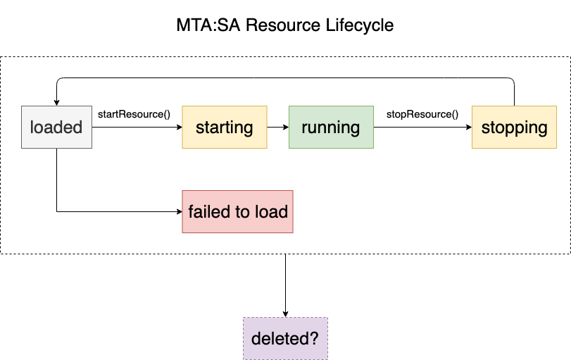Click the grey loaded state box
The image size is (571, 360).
56,127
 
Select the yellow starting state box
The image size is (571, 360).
225,127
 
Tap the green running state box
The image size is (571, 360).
331,127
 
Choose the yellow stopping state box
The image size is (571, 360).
514,127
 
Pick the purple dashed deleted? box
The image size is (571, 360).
285,338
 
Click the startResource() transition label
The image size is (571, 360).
134,113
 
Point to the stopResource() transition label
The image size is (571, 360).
422,113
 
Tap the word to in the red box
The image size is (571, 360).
244,211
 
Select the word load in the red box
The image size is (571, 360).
272,211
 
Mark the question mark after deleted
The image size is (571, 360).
314,338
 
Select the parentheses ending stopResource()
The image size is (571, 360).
455,113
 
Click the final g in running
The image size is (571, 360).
354,129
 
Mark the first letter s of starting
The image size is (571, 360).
200,128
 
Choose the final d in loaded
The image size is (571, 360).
77,127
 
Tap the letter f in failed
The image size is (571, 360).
192,211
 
